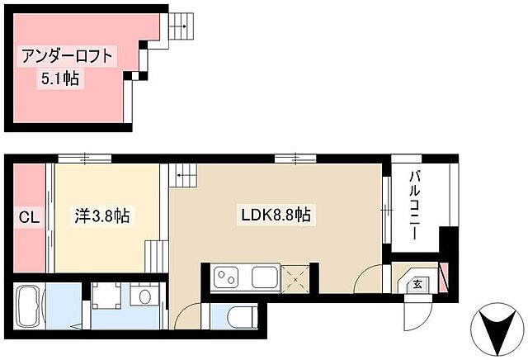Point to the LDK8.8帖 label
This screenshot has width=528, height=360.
[276, 216]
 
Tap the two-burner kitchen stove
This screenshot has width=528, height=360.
[225, 278]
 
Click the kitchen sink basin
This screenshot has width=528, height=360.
[265, 278]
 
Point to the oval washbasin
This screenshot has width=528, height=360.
[146, 296]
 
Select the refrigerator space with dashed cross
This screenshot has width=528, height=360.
[295, 277]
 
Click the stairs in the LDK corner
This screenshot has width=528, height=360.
[184, 174]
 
